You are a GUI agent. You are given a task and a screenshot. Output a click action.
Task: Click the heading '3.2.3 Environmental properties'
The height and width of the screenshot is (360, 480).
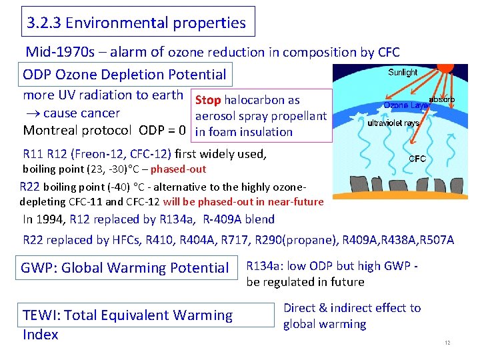pyautogui.click(x=137, y=23)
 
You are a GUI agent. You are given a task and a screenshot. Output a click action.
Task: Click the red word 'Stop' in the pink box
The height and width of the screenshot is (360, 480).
pyautogui.click(x=207, y=100)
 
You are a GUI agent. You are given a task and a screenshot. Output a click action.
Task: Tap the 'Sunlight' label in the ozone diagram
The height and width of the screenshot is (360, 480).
pyautogui.click(x=402, y=72)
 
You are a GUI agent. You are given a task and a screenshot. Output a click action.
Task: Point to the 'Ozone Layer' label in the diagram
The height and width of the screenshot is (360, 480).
pyautogui.click(x=406, y=105)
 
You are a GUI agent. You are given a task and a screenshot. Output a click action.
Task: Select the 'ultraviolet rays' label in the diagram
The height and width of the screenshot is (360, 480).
pyautogui.click(x=393, y=123)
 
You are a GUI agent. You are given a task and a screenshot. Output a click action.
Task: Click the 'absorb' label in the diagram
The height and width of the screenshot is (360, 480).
pyautogui.click(x=441, y=98)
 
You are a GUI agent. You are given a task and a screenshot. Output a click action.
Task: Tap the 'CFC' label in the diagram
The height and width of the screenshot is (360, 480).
pyautogui.click(x=417, y=159)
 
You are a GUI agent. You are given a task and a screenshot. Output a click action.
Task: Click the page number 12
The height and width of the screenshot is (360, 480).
pyautogui.click(x=448, y=343)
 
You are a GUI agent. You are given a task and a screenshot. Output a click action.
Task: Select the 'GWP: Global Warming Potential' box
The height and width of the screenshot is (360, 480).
pyautogui.click(x=125, y=268)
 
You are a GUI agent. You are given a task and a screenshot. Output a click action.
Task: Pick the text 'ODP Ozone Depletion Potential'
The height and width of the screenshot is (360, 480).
pyautogui.click(x=125, y=75)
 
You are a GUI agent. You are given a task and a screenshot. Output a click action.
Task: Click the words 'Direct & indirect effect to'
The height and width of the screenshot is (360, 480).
pyautogui.click(x=352, y=308)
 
